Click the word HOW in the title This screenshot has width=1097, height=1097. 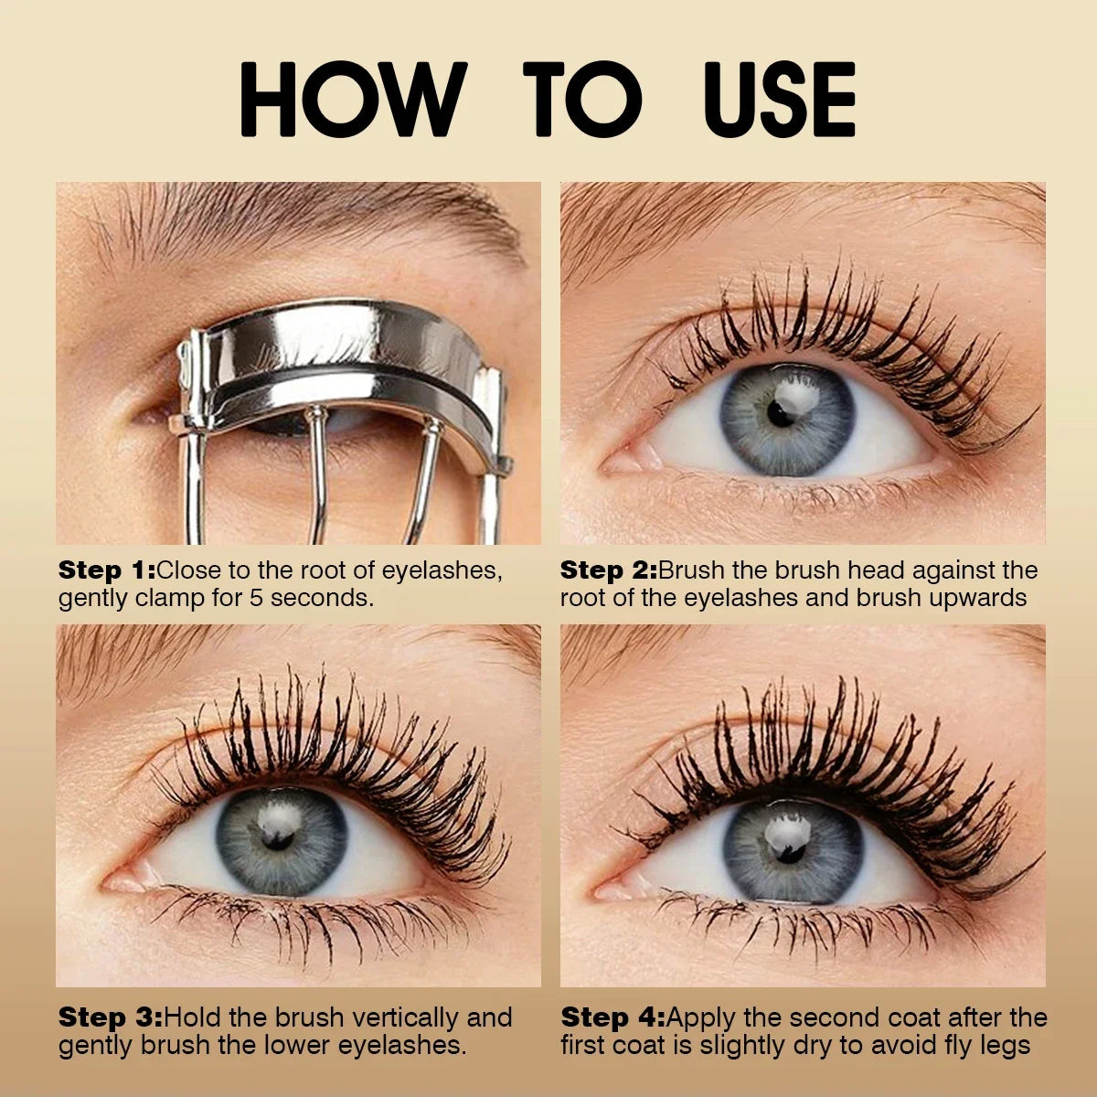(352, 101)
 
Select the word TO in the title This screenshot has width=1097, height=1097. (581, 101)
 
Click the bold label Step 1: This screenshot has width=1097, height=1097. (106, 570)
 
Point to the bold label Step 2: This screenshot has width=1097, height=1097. (608, 570)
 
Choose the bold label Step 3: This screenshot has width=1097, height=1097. (110, 1017)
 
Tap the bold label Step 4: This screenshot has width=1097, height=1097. (612, 1017)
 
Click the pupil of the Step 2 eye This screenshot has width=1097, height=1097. (780, 414)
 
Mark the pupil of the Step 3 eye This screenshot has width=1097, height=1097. (278, 838)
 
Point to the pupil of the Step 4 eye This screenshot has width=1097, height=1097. (784, 849)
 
